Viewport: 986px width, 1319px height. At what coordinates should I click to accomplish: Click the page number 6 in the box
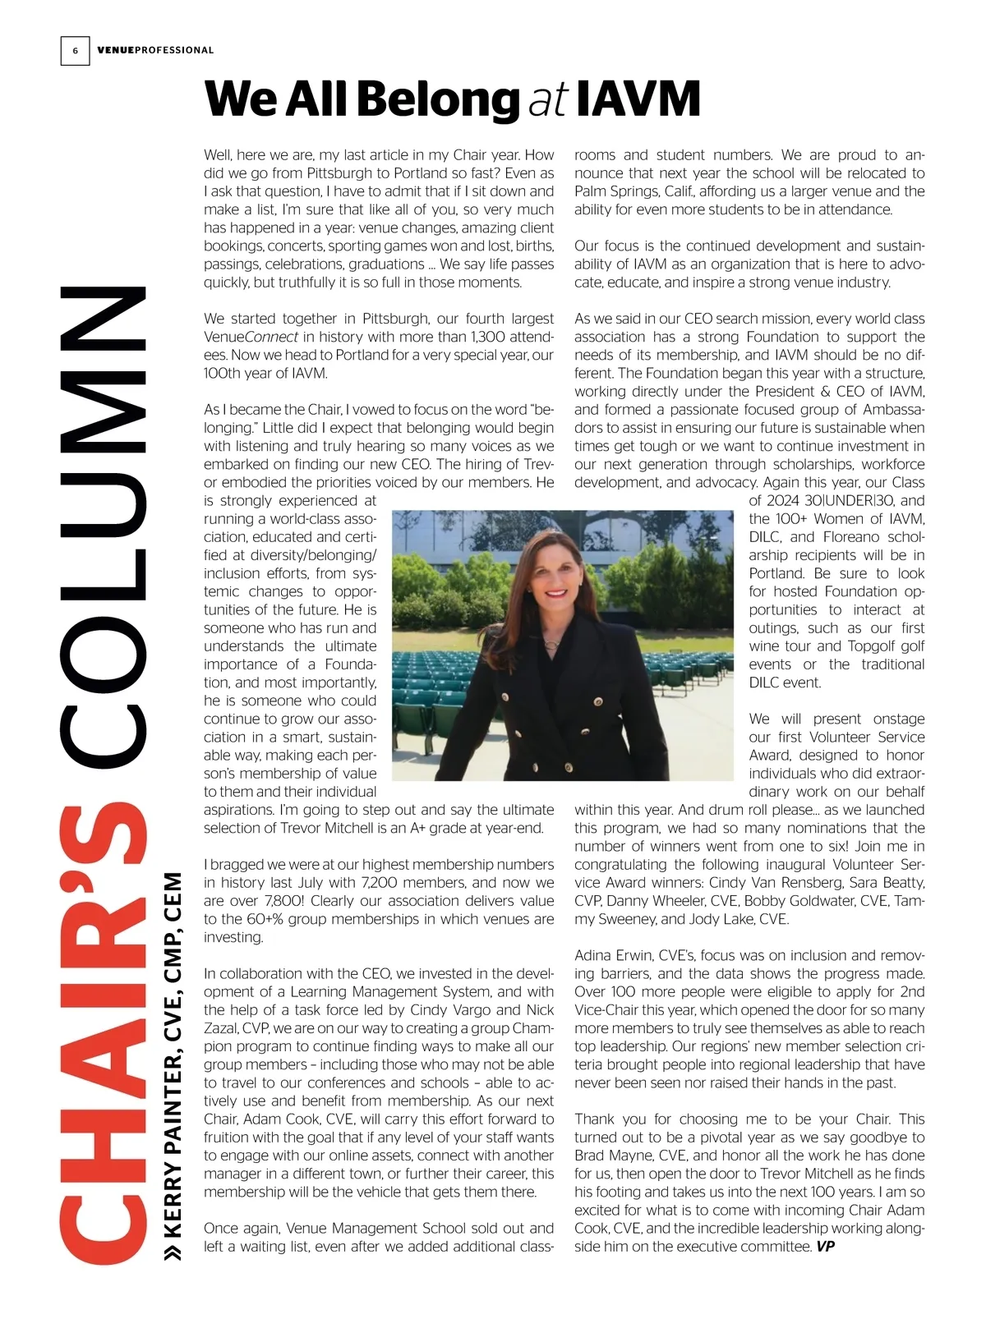tap(75, 51)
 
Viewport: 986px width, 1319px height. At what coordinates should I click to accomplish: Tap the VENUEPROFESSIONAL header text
tap(155, 50)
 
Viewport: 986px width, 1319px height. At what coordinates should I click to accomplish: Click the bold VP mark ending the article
tap(825, 1247)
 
